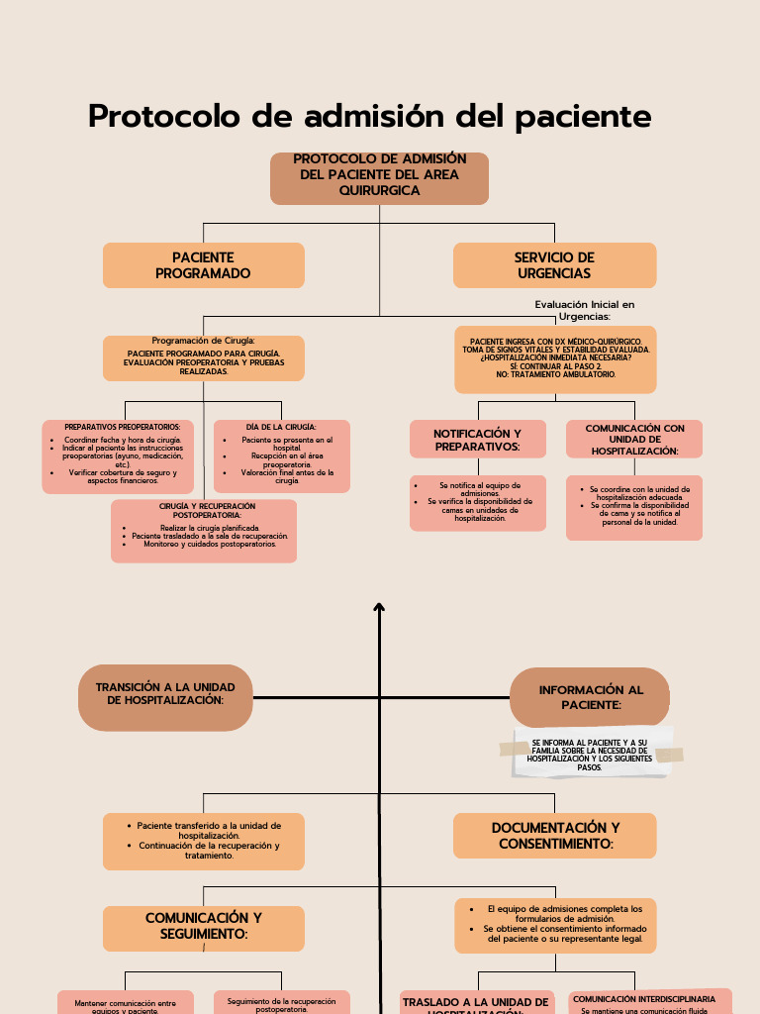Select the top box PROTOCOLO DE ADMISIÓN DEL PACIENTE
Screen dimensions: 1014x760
coord(379,178)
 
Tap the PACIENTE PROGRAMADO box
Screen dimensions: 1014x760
coord(203,265)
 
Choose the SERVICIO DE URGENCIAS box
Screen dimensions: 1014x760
coord(554,265)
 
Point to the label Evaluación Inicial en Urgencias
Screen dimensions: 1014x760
coord(584,310)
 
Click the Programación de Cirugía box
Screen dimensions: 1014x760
coord(203,357)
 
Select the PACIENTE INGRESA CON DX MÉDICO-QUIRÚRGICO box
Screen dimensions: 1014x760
coord(554,358)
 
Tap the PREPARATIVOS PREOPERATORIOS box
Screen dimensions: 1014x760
coord(118,456)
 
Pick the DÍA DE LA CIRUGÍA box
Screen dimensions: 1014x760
coord(281,456)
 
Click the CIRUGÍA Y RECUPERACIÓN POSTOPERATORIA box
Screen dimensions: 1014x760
coord(203,531)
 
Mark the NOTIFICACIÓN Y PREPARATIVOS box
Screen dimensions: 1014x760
coord(477,440)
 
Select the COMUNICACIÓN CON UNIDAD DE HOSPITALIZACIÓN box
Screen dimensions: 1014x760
coord(633,440)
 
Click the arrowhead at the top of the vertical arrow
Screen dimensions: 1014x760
coord(379,607)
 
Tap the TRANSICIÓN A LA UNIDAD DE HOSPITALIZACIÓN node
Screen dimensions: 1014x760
coord(165,697)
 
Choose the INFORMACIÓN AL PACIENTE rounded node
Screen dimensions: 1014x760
coord(590,697)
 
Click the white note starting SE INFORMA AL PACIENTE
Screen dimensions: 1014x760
coord(591,754)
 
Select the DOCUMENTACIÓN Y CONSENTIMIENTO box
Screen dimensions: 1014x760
coord(554,836)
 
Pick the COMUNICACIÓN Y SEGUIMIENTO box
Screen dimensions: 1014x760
coord(203,927)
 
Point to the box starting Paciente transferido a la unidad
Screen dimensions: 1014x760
coord(203,841)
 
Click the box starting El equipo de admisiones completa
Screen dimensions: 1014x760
coord(554,925)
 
